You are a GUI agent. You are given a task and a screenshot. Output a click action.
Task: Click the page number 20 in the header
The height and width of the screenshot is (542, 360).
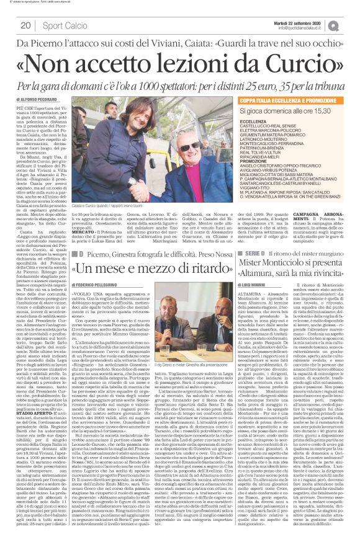(x=26, y=25)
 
